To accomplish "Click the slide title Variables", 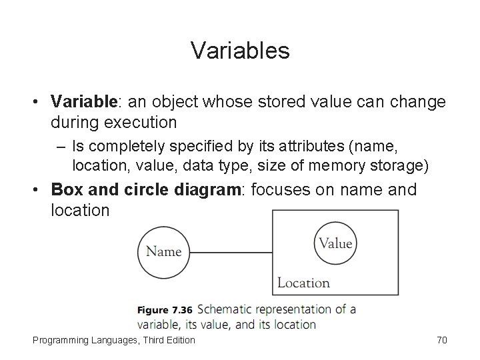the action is click(x=240, y=51).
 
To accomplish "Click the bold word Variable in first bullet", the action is click(x=84, y=103).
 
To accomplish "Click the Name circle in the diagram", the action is click(x=163, y=251).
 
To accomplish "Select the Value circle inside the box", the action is click(x=335, y=243).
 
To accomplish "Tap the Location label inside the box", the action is click(x=303, y=283).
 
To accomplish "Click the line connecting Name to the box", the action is click(x=231, y=252).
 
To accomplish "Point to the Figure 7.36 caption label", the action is click(x=164, y=310).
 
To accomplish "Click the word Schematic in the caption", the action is click(x=227, y=309).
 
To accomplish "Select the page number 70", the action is click(x=441, y=341).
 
